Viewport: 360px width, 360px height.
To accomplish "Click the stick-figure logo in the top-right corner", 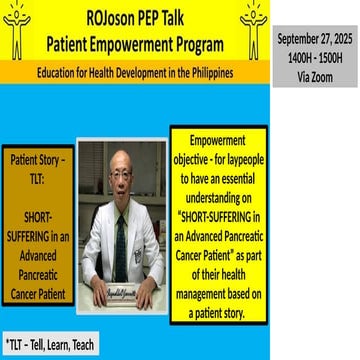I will click(251, 27).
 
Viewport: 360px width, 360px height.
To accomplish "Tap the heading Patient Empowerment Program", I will click(134, 44).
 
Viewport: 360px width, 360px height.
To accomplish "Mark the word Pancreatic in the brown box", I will click(36, 270).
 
